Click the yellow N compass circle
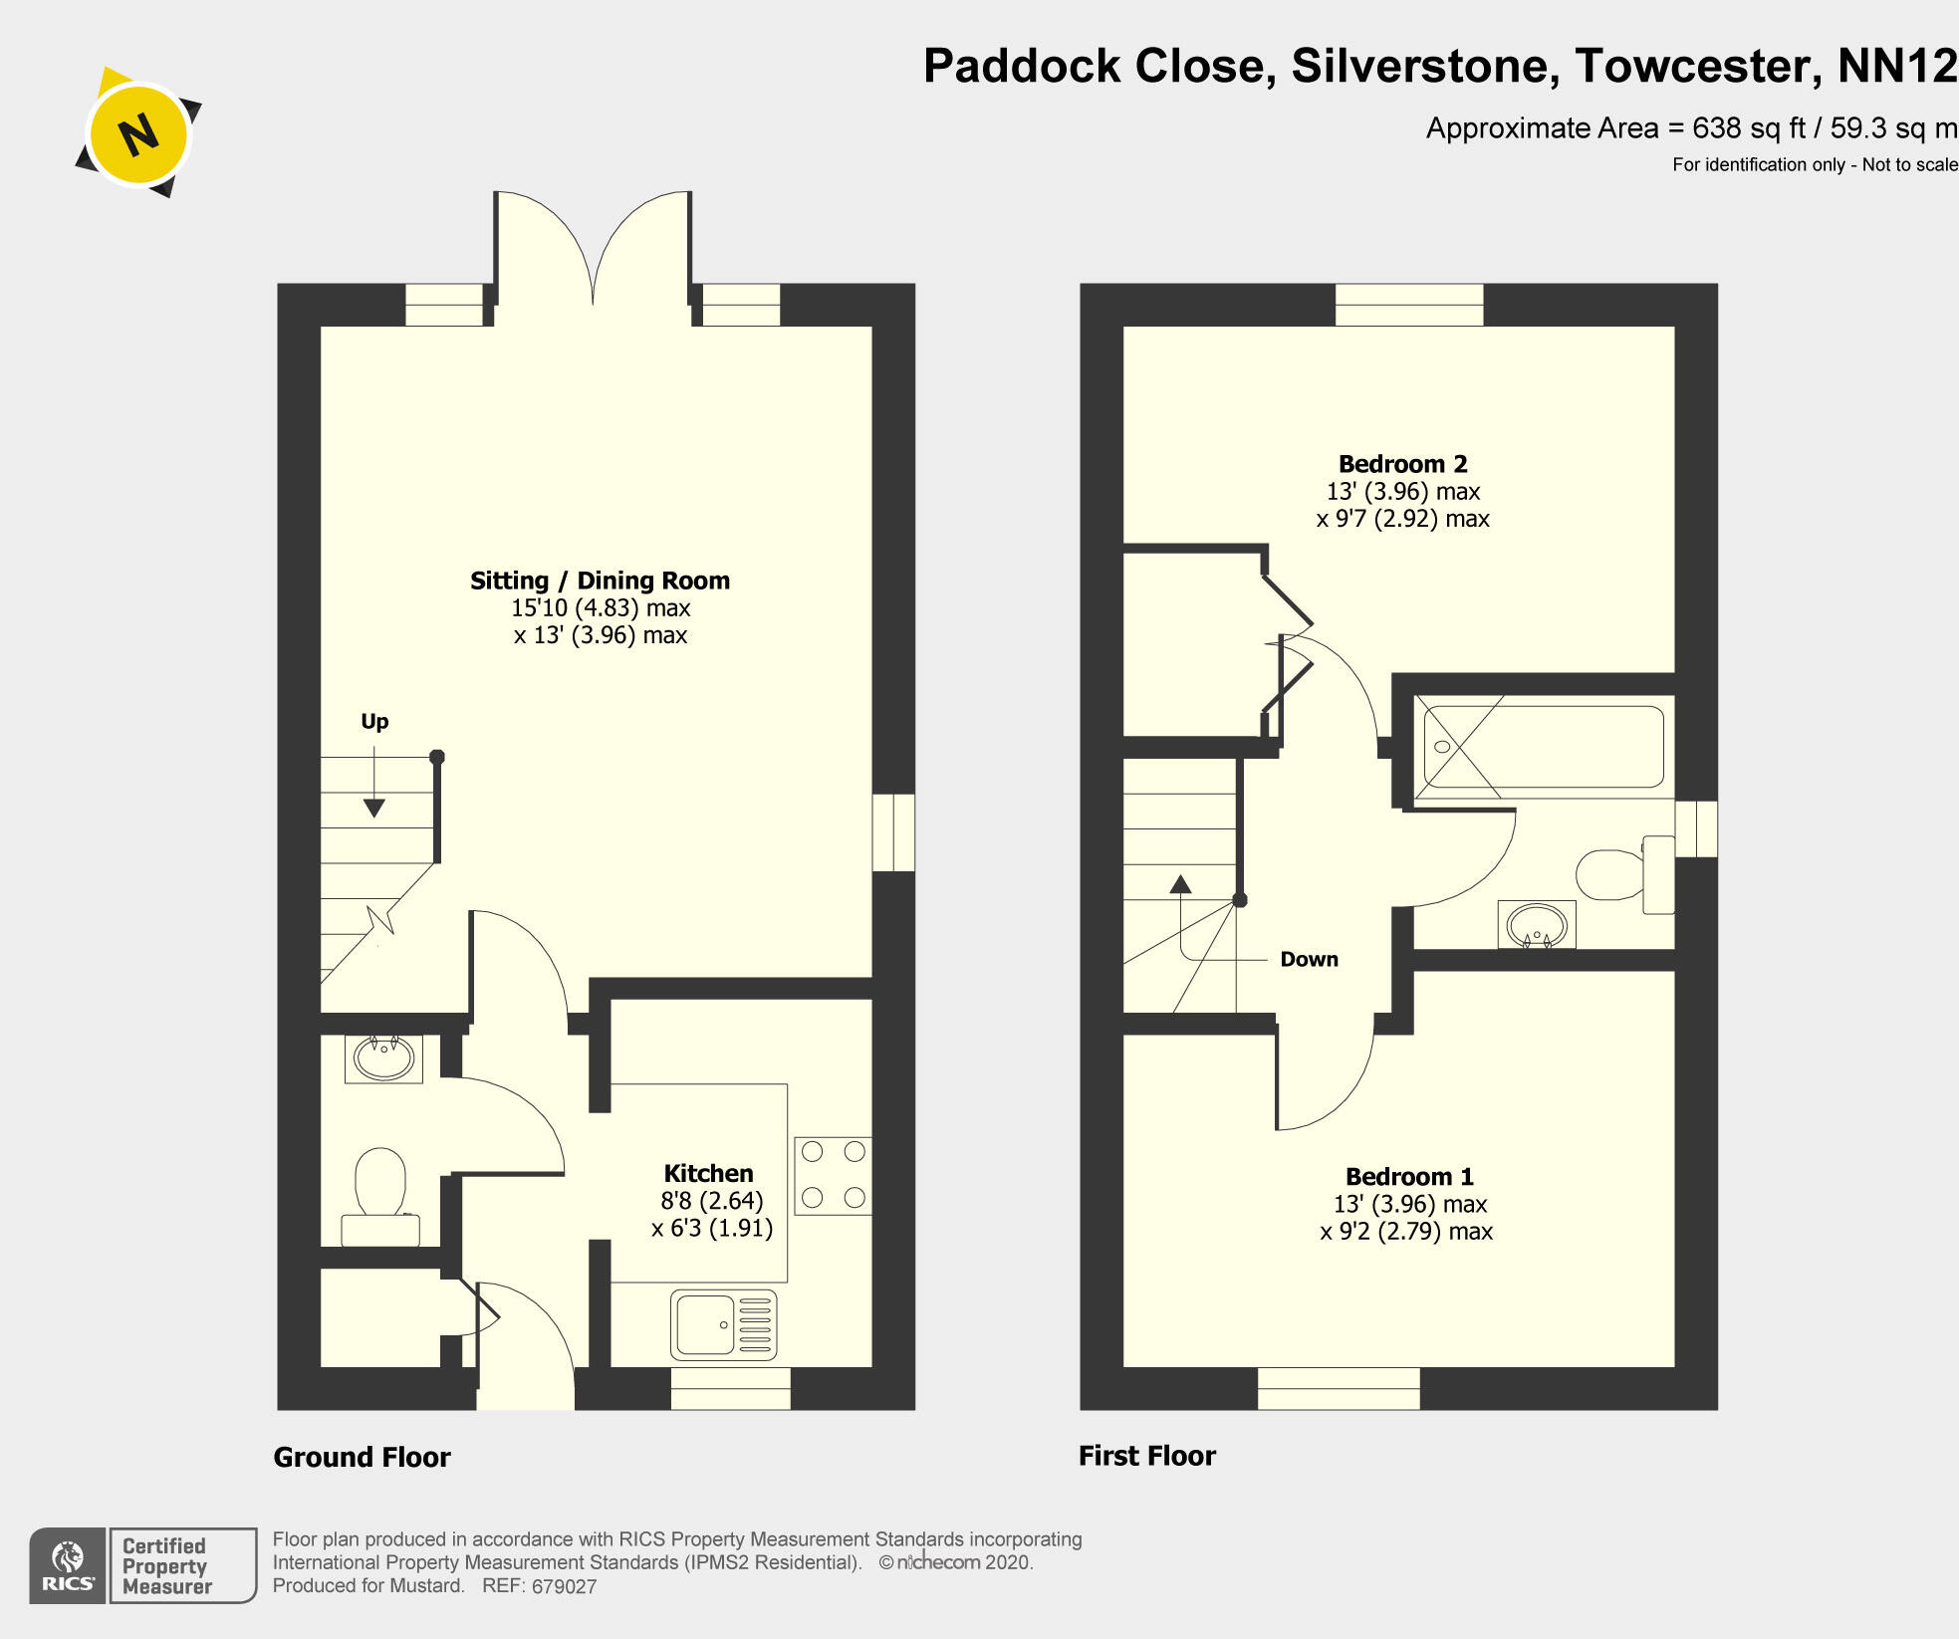click(x=138, y=133)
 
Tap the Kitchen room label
click(x=708, y=1173)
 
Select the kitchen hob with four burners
click(x=833, y=1175)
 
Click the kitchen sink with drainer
click(x=724, y=1325)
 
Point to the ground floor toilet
click(x=380, y=1195)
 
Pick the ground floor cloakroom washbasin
click(x=383, y=1058)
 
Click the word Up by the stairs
click(x=374, y=721)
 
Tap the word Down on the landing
click(x=1309, y=959)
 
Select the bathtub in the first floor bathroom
click(x=1544, y=747)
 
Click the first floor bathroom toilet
click(x=1623, y=874)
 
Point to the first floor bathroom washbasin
click(x=1537, y=924)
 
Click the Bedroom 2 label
click(x=1402, y=464)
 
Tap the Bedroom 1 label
click(x=1408, y=1177)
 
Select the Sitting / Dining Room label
click(x=600, y=581)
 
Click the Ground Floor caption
click(x=362, y=1458)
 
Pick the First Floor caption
click(x=1146, y=1456)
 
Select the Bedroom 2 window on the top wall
click(x=1408, y=304)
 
